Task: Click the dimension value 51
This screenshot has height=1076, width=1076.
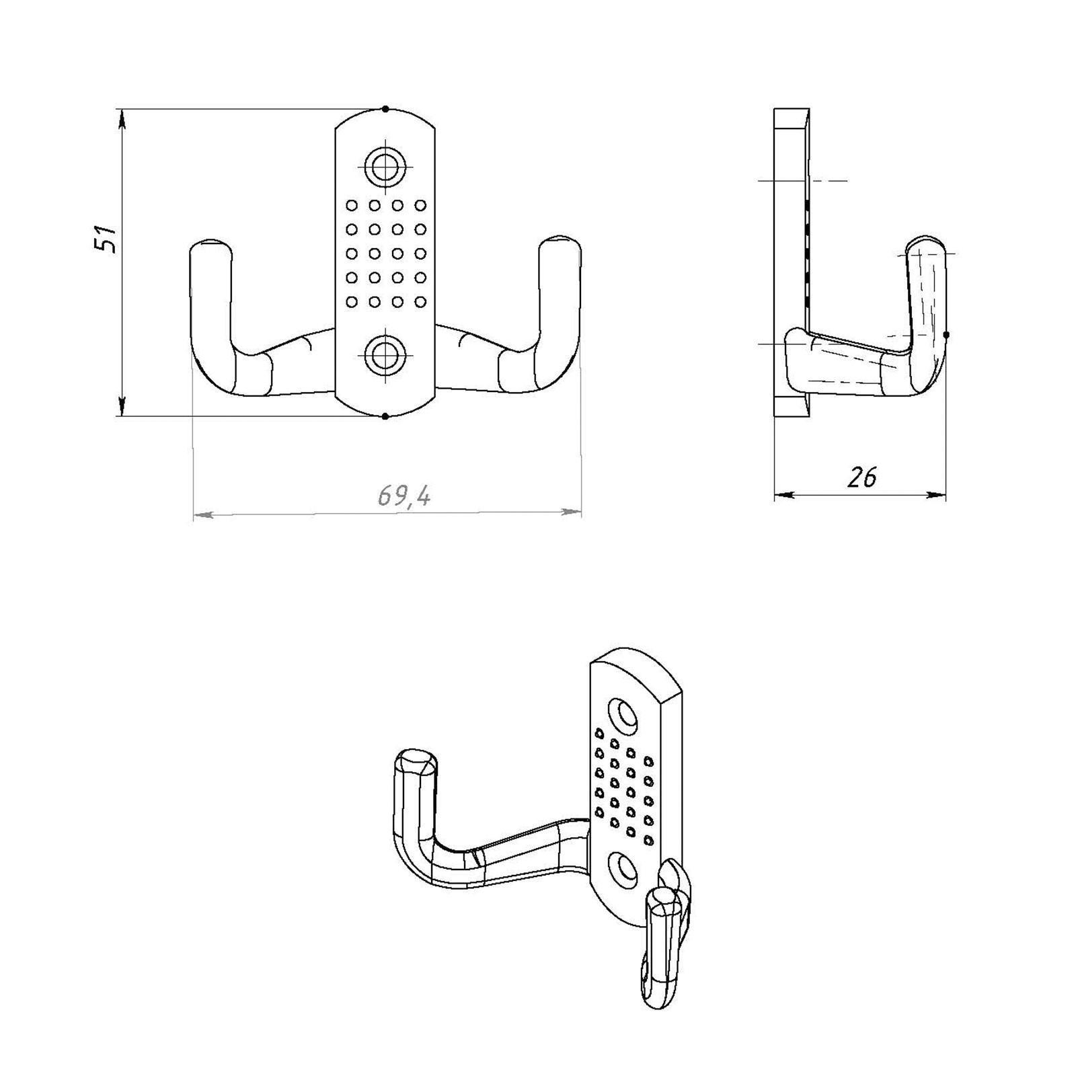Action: [106, 238]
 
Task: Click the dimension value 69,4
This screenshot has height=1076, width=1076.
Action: [404, 496]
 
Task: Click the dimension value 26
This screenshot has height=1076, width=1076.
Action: [862, 477]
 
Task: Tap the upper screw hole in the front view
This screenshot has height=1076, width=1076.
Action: [385, 164]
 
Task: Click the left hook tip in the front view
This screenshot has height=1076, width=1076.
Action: [210, 243]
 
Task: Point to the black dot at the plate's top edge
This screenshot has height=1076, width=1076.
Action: [385, 108]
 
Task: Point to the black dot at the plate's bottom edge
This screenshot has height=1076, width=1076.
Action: [385, 417]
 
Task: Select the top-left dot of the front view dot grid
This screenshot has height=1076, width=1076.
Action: [350, 204]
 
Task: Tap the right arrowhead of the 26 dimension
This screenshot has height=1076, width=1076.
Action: [937, 495]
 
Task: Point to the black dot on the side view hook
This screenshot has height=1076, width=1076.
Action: [946, 334]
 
